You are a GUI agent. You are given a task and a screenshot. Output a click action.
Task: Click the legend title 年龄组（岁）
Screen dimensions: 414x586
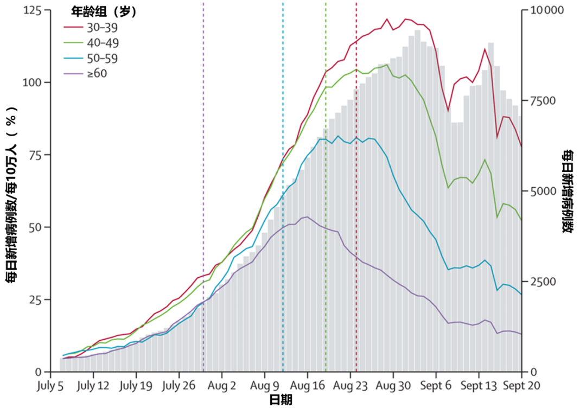pyautogui.click(x=105, y=11)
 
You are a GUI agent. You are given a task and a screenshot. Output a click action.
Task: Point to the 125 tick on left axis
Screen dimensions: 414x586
pyautogui.click(x=32, y=10)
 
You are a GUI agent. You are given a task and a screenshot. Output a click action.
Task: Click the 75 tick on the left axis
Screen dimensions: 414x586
pyautogui.click(x=35, y=155)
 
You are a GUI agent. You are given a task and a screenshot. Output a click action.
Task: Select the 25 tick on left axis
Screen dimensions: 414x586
pyautogui.click(x=35, y=300)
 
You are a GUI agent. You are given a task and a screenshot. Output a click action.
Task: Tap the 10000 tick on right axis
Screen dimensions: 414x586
pyautogui.click(x=545, y=10)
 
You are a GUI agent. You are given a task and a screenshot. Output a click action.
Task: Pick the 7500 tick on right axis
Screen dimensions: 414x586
pyautogui.click(x=543, y=101)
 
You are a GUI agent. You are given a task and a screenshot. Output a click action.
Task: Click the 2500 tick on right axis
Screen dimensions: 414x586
pyautogui.click(x=543, y=282)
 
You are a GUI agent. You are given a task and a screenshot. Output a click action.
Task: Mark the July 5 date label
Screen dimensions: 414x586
pyautogui.click(x=50, y=386)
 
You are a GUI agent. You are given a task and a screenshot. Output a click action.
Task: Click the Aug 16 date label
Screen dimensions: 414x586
pyautogui.click(x=307, y=386)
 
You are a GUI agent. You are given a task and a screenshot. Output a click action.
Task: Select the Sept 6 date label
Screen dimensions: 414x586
pyautogui.click(x=435, y=386)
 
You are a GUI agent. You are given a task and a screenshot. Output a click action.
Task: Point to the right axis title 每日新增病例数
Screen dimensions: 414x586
pyautogui.click(x=568, y=191)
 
